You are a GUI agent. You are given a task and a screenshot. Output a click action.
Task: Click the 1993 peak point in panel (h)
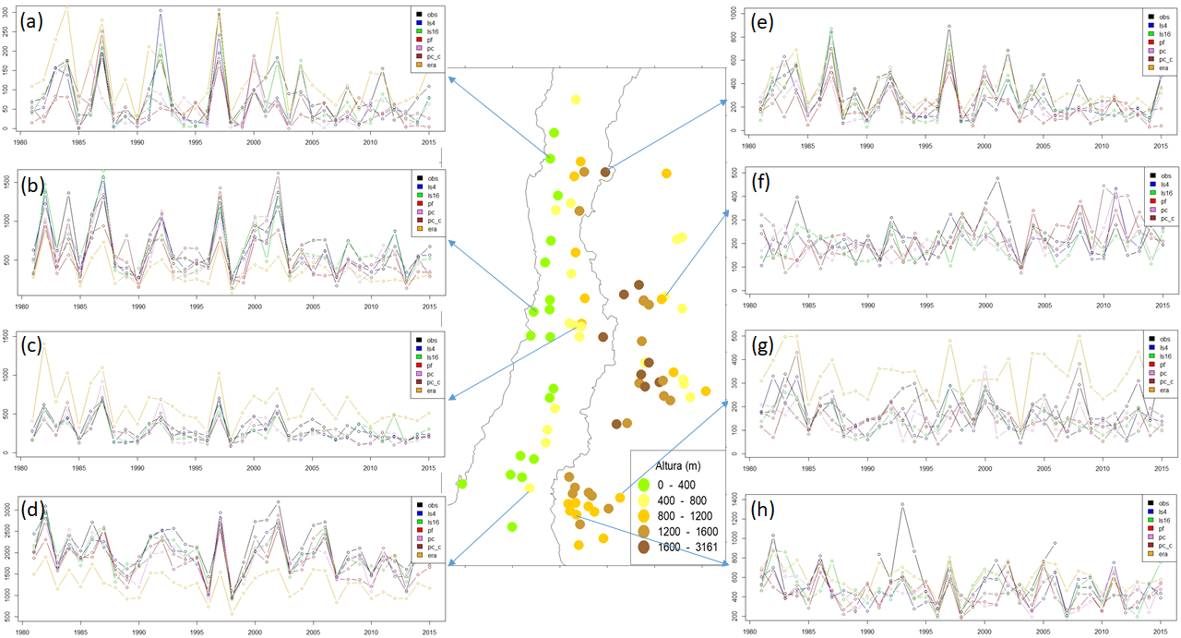click(x=901, y=504)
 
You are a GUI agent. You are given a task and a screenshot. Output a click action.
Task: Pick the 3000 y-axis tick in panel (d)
click(x=8, y=509)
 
